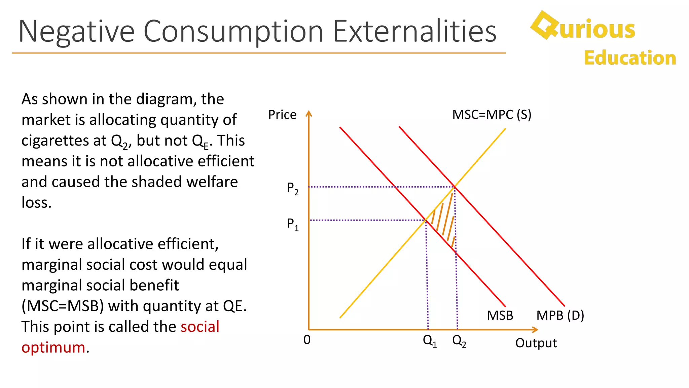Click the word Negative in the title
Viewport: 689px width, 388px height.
point(76,31)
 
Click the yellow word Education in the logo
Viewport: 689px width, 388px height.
point(630,58)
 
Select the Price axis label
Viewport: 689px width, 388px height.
point(282,115)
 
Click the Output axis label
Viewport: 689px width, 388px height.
point(536,343)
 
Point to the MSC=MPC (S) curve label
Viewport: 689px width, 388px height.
point(492,115)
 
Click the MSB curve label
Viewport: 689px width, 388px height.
point(500,316)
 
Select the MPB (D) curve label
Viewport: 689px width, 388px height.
point(560,316)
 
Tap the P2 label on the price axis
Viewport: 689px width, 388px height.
point(292,189)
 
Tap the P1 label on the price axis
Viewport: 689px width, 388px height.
point(292,224)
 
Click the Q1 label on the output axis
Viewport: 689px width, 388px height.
point(430,341)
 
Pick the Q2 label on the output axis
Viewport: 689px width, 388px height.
point(459,341)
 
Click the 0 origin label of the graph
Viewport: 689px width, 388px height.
point(307,340)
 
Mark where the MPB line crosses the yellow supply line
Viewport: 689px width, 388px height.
point(455,187)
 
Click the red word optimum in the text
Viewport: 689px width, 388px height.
point(53,348)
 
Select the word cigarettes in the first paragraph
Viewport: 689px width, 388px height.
point(64,140)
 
